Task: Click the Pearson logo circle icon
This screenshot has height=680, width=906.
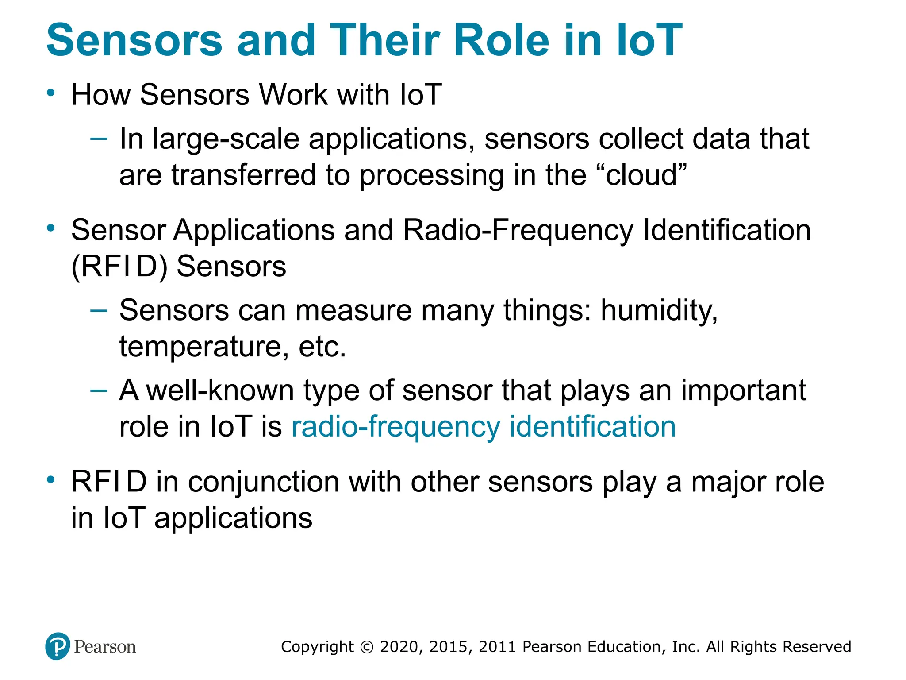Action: (58, 646)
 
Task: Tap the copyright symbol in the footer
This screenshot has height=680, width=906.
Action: (367, 647)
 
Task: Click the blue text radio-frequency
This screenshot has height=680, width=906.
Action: (395, 427)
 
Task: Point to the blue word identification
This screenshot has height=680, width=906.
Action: (592, 427)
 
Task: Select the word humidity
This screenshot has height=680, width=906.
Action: (659, 311)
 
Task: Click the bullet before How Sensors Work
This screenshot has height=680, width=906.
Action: (51, 93)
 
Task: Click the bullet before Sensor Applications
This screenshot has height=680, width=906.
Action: (51, 229)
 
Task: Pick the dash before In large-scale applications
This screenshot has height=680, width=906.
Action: (98, 139)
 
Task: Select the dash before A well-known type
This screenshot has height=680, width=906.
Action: (98, 390)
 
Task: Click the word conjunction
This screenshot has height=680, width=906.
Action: (264, 482)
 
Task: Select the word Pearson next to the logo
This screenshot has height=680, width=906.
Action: (105, 647)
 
